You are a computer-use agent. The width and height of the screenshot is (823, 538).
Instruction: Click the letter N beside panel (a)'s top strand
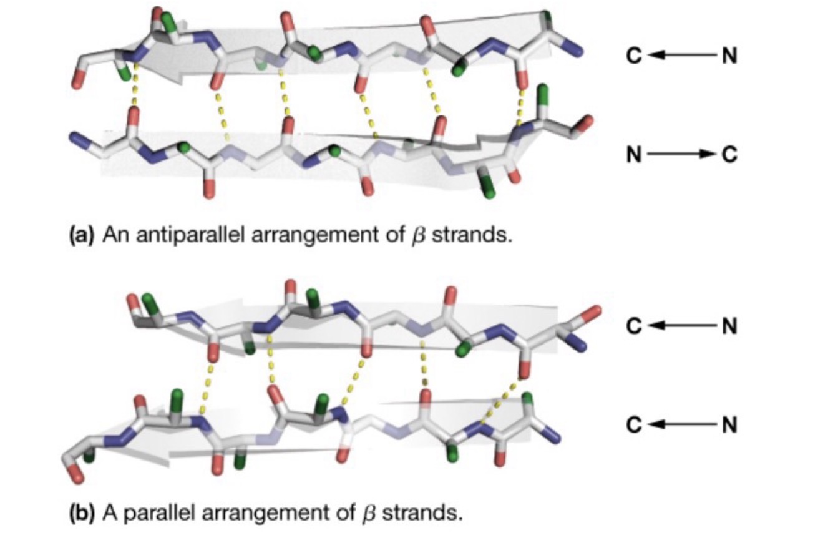pos(728,56)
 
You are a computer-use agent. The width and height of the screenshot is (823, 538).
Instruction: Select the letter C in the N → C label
pos(729,154)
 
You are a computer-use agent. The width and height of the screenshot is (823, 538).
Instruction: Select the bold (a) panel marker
pos(81,237)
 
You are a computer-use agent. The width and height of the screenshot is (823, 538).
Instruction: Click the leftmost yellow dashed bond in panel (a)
pos(133,94)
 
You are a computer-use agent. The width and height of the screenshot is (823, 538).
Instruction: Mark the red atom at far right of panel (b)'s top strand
pos(595,310)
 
